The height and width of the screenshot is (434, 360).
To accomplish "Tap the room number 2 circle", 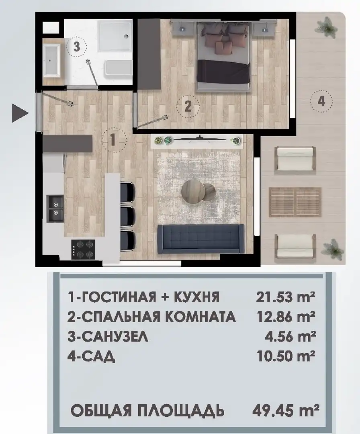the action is tap(188, 106).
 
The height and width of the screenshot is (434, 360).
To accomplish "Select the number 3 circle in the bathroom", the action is tap(77, 46).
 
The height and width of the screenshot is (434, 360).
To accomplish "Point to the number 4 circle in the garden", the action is tap(321, 101).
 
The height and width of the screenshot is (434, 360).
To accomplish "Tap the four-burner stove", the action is tap(83, 250).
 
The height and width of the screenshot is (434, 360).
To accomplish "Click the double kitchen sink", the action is tap(55, 208).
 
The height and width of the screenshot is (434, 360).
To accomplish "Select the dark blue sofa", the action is tap(201, 239).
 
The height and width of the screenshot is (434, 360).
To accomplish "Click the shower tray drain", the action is tap(126, 36).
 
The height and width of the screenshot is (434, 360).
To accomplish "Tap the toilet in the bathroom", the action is tap(118, 67).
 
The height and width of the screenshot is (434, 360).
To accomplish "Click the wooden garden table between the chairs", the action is tap(295, 202).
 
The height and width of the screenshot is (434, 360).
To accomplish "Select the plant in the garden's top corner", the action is tap(327, 28).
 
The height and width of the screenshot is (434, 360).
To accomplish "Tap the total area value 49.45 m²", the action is tap(286, 410).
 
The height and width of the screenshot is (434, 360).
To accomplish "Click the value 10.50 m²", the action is tap(286, 356).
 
